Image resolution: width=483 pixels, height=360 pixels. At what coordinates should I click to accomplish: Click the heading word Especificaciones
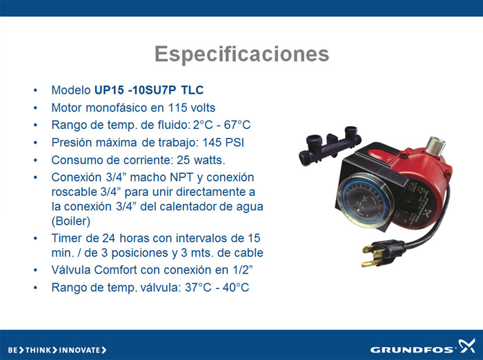(241, 54)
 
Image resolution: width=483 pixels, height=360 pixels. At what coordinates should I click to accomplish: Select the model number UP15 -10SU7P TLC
(149, 90)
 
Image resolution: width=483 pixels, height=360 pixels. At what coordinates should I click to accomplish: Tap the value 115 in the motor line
(178, 108)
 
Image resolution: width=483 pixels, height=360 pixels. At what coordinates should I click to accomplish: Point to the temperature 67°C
(237, 125)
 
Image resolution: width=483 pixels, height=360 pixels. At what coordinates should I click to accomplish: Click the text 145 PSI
(223, 142)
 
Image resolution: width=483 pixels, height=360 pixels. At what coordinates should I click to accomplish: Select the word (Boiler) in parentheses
(71, 221)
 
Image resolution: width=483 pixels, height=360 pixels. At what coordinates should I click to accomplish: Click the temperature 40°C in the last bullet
(236, 288)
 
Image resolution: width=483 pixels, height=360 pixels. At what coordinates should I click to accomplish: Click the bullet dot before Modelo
(35, 90)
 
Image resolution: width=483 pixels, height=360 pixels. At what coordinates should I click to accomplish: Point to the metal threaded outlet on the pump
(435, 146)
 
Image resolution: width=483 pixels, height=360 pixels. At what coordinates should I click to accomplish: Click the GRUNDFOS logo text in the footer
(412, 350)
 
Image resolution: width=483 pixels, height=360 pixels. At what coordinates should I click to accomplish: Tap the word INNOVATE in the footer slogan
(79, 350)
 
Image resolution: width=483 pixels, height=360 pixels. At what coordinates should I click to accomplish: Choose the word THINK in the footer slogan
(38, 350)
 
